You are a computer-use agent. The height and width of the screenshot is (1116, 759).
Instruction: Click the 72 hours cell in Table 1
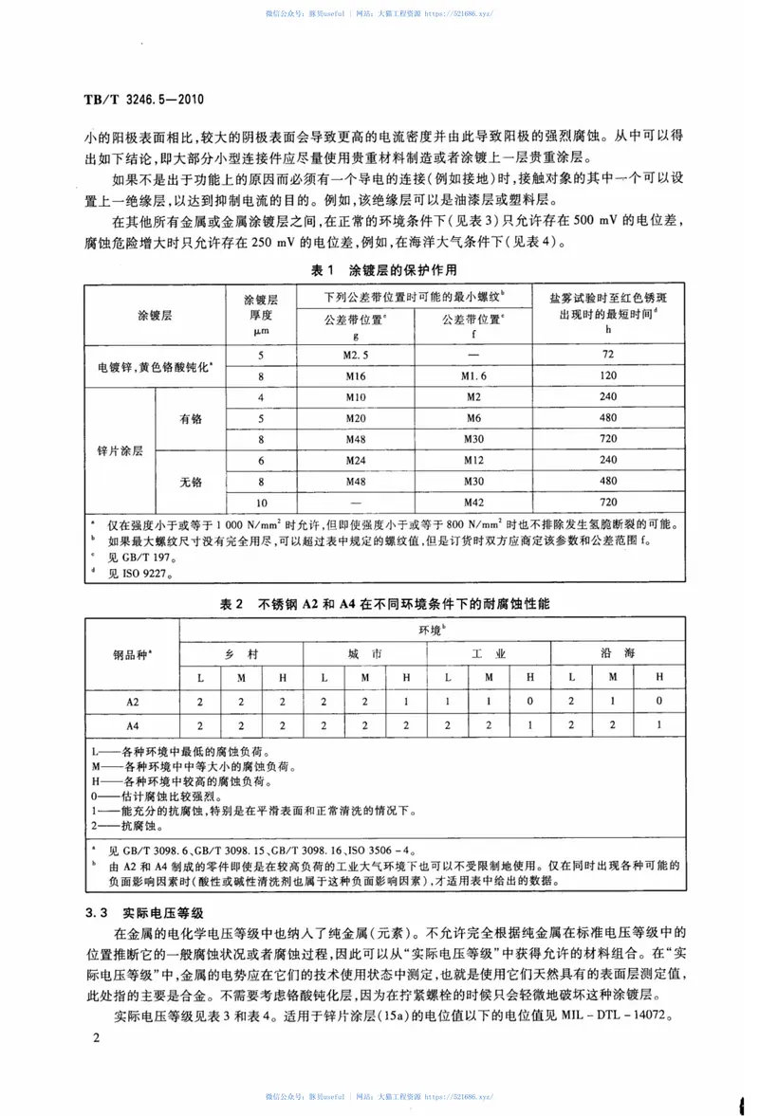click(608, 354)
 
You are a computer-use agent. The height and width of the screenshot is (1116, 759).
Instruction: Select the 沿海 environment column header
click(613, 654)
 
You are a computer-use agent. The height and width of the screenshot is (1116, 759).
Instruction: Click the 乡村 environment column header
click(241, 654)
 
